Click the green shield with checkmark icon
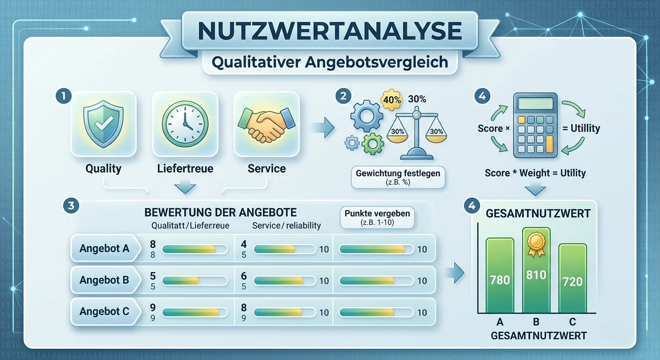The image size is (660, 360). click(103, 124)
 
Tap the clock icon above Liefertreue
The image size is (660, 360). click(185, 124)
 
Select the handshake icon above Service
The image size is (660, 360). click(267, 125)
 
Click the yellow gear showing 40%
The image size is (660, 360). click(391, 100)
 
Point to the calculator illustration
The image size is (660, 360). click(535, 125)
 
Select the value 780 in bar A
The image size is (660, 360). click(500, 280)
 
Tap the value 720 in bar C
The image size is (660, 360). click(572, 282)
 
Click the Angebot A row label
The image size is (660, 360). click(105, 248)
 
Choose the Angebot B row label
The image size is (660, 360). click(105, 280)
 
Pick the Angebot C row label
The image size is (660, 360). click(105, 311)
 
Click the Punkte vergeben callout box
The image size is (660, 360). click(377, 217)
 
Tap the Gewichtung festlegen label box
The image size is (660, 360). click(398, 177)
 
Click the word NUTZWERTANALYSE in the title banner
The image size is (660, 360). click(330, 30)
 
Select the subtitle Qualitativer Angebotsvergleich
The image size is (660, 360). click(330, 62)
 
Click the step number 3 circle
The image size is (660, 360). click(71, 205)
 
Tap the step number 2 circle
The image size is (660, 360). click(343, 96)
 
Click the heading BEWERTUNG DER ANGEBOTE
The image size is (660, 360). click(220, 212)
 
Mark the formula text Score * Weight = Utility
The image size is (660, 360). click(535, 173)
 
